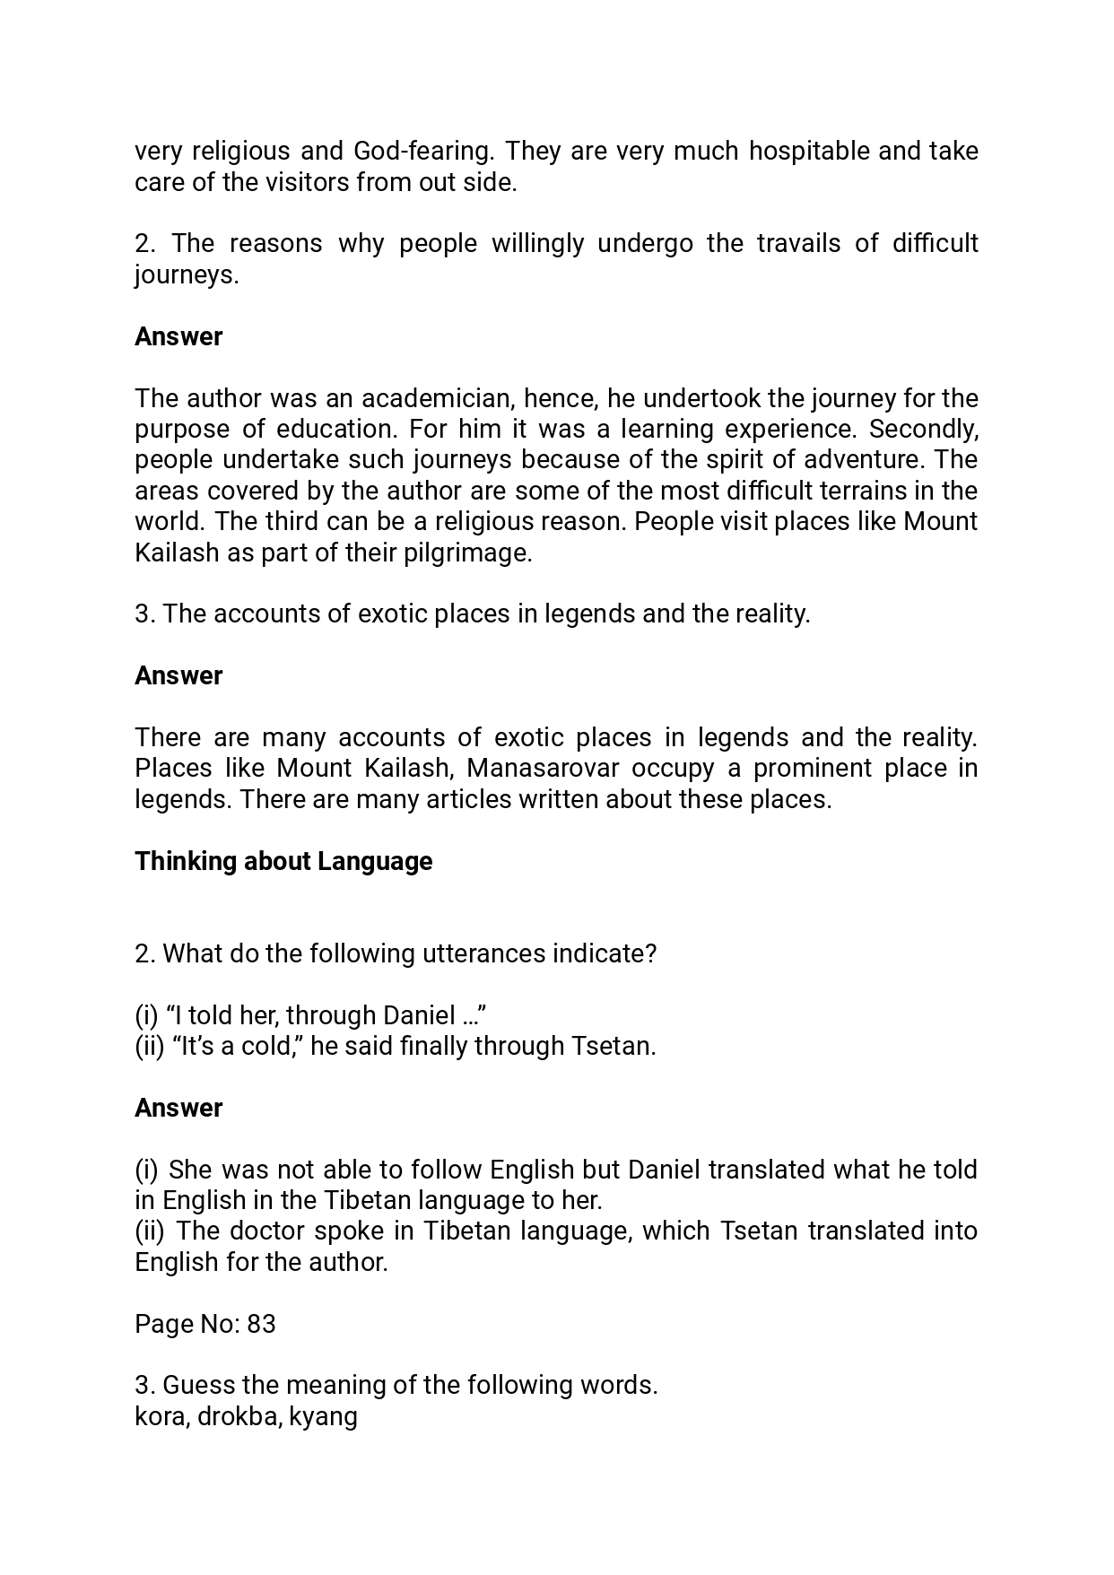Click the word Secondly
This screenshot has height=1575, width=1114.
[923, 429]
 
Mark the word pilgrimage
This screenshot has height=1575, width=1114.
[480, 553]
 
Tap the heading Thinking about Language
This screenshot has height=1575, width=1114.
[283, 861]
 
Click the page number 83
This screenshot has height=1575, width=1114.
[261, 1324]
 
